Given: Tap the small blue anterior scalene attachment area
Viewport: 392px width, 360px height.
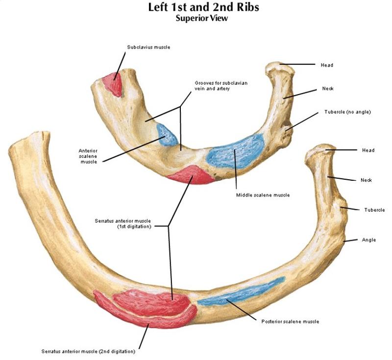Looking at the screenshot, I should coord(167,135).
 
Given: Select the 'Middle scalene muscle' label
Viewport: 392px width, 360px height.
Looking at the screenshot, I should coord(263,195).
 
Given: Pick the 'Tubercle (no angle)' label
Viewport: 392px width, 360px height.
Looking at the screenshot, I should coord(347,112).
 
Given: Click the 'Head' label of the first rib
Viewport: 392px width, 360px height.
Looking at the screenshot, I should coord(327,65).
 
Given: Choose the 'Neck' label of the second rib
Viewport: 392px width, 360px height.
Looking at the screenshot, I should coord(366,180).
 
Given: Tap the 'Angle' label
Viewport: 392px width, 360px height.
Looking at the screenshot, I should coord(368,240).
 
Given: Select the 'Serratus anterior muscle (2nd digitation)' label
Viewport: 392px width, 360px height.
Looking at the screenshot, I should coord(88,351).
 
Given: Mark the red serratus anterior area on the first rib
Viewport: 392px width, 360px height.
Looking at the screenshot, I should coord(190,175).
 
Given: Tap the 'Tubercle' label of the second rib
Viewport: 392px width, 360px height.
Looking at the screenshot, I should coord(374,210).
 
